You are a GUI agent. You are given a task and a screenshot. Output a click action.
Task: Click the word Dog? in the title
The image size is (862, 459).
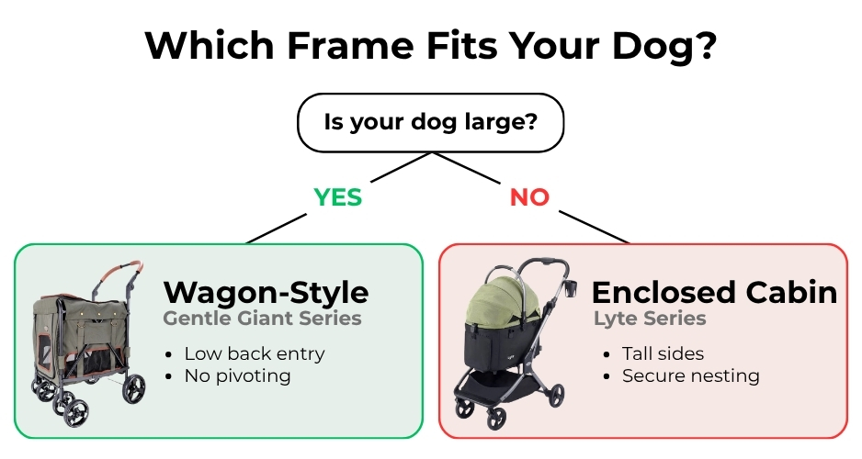[664, 47]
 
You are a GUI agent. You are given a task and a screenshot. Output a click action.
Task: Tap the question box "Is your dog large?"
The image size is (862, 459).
[430, 122]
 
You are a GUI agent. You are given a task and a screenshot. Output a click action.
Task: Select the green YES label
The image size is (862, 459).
[338, 197]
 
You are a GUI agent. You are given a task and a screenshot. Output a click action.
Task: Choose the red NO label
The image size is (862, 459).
[529, 197]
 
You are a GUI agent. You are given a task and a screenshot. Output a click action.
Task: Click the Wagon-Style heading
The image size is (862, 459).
[267, 292]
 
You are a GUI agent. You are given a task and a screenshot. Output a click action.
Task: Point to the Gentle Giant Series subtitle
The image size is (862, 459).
[262, 319]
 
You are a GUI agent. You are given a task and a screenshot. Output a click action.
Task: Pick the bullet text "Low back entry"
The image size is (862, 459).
[255, 353]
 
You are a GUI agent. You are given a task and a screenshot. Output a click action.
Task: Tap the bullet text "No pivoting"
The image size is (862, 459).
[237, 376]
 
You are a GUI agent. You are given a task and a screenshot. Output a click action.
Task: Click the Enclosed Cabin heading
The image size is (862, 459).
[714, 292]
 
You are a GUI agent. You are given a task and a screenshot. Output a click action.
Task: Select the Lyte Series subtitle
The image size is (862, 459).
[650, 319]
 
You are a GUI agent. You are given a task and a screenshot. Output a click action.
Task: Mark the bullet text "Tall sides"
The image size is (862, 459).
[663, 353]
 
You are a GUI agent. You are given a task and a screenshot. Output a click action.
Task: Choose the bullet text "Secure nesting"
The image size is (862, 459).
[691, 376]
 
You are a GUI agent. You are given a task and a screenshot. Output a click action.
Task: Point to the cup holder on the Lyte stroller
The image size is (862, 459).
[570, 288]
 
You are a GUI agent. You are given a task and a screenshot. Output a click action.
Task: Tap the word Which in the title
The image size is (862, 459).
[210, 46]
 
